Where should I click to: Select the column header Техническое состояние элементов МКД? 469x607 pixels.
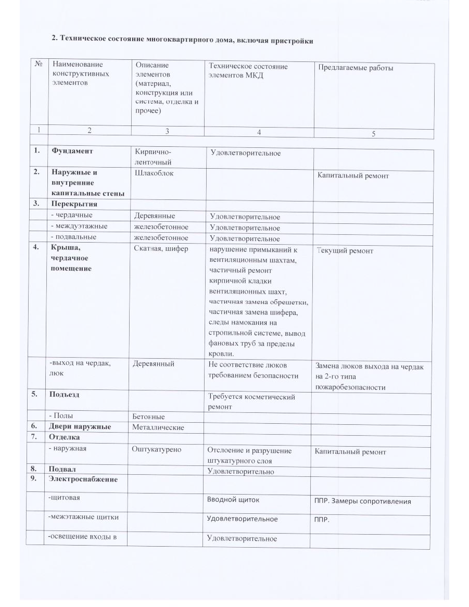248,70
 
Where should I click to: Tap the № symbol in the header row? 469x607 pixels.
39,65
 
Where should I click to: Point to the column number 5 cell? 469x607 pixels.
373,134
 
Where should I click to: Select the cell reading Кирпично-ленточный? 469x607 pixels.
153,157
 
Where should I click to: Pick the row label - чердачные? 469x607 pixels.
71,216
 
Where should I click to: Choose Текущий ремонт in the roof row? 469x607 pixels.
345,251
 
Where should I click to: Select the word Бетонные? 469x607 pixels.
150,416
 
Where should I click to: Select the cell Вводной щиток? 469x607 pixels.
233,500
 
